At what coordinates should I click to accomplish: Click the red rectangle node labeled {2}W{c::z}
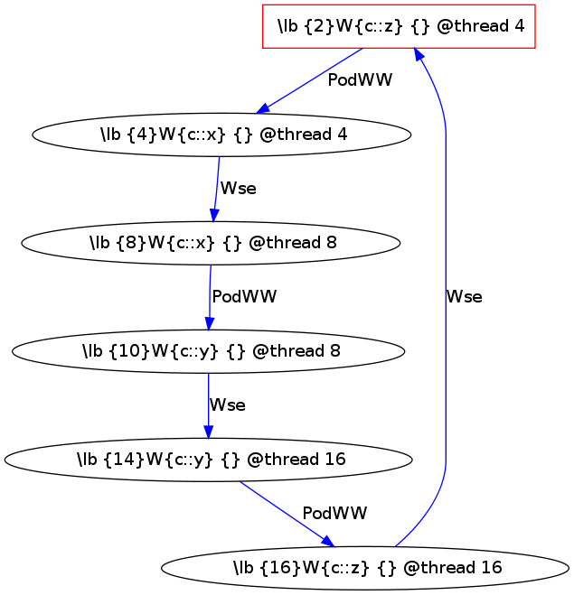point(399,26)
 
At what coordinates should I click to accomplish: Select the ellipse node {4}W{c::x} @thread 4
point(221,135)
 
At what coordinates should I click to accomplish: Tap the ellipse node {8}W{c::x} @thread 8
point(210,243)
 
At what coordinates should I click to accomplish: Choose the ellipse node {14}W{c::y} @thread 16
point(208,460)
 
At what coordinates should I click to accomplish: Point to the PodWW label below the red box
point(360,80)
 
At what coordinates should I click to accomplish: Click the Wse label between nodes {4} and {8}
point(239,189)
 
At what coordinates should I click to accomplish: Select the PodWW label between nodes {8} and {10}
point(244,296)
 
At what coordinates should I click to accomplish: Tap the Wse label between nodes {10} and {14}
point(227,405)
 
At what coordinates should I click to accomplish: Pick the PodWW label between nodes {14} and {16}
point(334,514)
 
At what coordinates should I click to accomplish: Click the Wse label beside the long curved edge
point(464,296)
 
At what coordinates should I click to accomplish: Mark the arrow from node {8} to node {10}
point(209,298)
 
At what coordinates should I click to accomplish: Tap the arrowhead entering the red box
point(419,55)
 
